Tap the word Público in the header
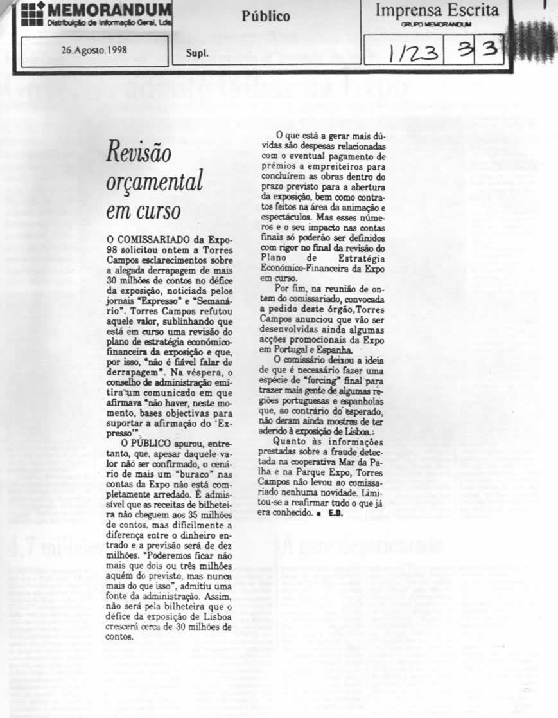pos(266,17)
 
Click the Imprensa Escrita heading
pos(437,11)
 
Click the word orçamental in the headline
pos(154,183)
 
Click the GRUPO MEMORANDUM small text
pos(435,24)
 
